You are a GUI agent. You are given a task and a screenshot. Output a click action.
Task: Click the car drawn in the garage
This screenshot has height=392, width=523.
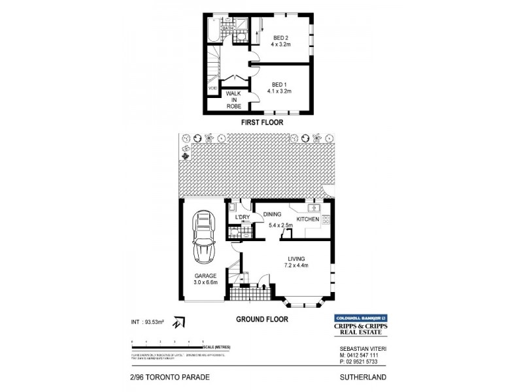click(203, 240)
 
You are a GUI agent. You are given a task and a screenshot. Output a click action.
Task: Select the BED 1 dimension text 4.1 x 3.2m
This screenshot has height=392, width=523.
click(280, 91)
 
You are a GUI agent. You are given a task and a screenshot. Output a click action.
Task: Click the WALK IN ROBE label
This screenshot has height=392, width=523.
click(233, 99)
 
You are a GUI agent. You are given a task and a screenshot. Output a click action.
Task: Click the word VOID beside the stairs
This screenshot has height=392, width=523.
click(212, 88)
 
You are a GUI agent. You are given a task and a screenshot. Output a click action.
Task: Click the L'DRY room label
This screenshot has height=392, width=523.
click(235, 218)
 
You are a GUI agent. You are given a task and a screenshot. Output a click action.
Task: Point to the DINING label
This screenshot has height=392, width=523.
click(272, 214)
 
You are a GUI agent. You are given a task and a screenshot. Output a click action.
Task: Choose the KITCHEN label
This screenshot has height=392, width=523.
click(307, 220)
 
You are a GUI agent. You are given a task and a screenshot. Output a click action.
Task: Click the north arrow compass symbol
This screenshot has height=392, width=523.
click(177, 323)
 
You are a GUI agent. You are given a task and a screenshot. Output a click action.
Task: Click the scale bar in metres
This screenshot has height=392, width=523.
click(168, 342)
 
